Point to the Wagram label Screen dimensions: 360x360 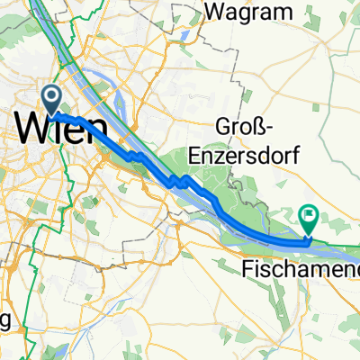tap(249, 12)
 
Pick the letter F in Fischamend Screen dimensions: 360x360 tap(247, 267)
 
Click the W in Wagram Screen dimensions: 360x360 tap(215, 12)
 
